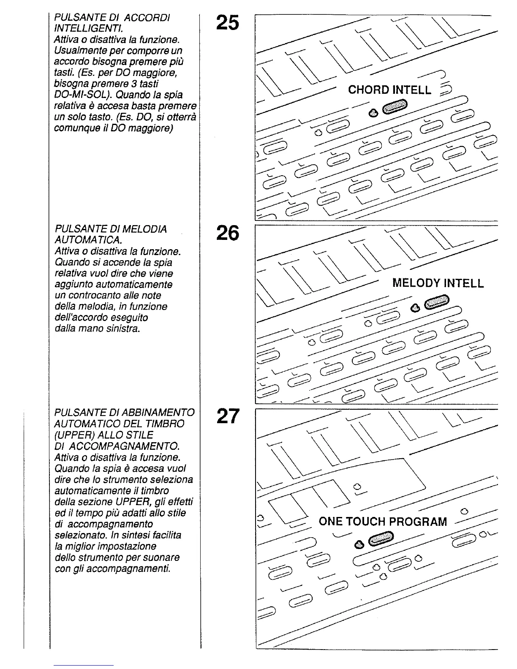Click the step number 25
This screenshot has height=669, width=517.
(x=227, y=23)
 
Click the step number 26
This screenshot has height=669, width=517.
(x=227, y=233)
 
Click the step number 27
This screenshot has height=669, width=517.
(x=227, y=416)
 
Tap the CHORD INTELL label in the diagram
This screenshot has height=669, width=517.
(x=389, y=90)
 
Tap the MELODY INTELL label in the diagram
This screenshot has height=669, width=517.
(x=438, y=283)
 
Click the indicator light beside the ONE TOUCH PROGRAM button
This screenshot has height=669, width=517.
(x=359, y=544)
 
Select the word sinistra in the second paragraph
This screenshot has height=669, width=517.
(x=120, y=328)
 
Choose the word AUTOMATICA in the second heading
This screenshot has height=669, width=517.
(x=88, y=240)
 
